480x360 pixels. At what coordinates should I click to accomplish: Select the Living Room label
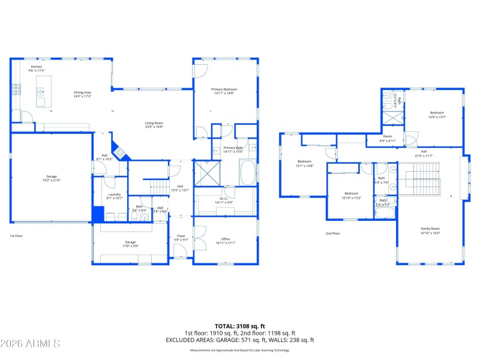(154, 125)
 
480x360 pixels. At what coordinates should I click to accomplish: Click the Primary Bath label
(233, 149)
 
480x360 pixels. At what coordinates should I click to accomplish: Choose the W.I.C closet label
(224, 200)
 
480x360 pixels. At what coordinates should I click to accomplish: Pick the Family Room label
(430, 230)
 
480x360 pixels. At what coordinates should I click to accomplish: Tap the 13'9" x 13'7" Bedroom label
(436, 115)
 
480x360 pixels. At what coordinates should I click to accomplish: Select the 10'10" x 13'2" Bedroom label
(351, 195)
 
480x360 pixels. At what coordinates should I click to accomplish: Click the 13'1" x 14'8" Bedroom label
(305, 164)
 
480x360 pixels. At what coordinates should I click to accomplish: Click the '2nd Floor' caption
(332, 233)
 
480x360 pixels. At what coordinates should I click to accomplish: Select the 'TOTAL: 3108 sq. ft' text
(239, 326)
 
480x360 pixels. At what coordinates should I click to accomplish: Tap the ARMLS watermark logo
(30, 343)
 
